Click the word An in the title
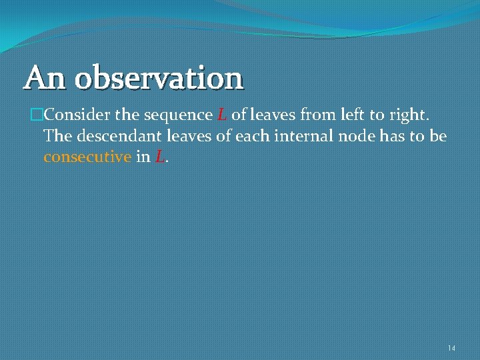45,77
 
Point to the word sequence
177,115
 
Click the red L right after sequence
223,115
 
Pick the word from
315,115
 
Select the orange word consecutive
87,158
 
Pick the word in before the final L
143,158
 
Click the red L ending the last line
159,158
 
